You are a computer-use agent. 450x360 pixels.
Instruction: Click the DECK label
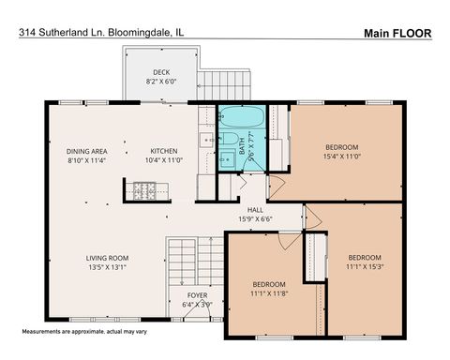coord(161,72)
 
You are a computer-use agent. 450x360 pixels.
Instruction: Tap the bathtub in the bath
coord(241,119)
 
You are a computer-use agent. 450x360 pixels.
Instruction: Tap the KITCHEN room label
coord(164,151)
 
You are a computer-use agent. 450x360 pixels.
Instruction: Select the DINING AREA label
coord(85,151)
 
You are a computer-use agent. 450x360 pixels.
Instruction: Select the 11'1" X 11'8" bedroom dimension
coord(267,293)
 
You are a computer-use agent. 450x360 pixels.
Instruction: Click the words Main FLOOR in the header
coord(397,33)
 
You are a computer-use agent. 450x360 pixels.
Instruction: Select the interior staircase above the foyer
coord(183,262)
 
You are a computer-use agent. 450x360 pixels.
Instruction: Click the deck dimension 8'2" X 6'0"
coord(161,82)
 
